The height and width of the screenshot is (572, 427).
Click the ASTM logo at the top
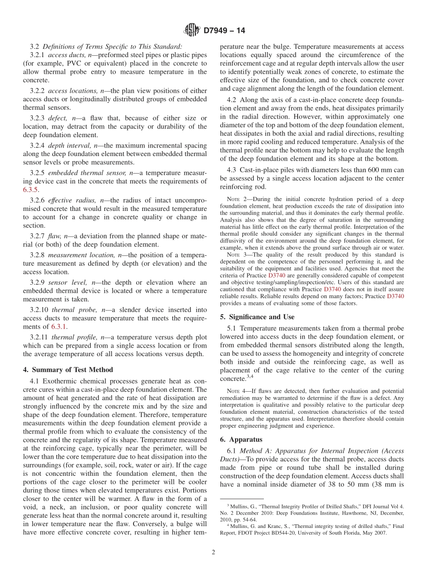(192, 31)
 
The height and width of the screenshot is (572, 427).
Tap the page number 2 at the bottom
(213, 553)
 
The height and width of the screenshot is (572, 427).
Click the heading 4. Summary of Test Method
(68, 370)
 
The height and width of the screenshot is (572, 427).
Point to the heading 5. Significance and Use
(257, 317)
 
